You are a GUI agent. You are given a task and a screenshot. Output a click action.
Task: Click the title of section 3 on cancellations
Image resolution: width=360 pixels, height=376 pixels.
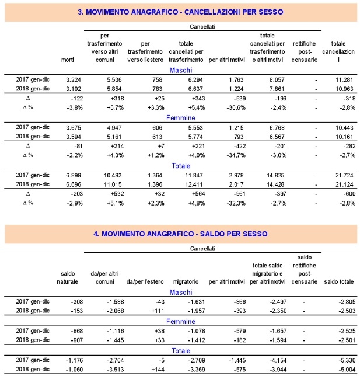(x=180, y=12)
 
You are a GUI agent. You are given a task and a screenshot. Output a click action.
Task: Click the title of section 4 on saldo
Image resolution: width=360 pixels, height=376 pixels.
(x=180, y=234)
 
